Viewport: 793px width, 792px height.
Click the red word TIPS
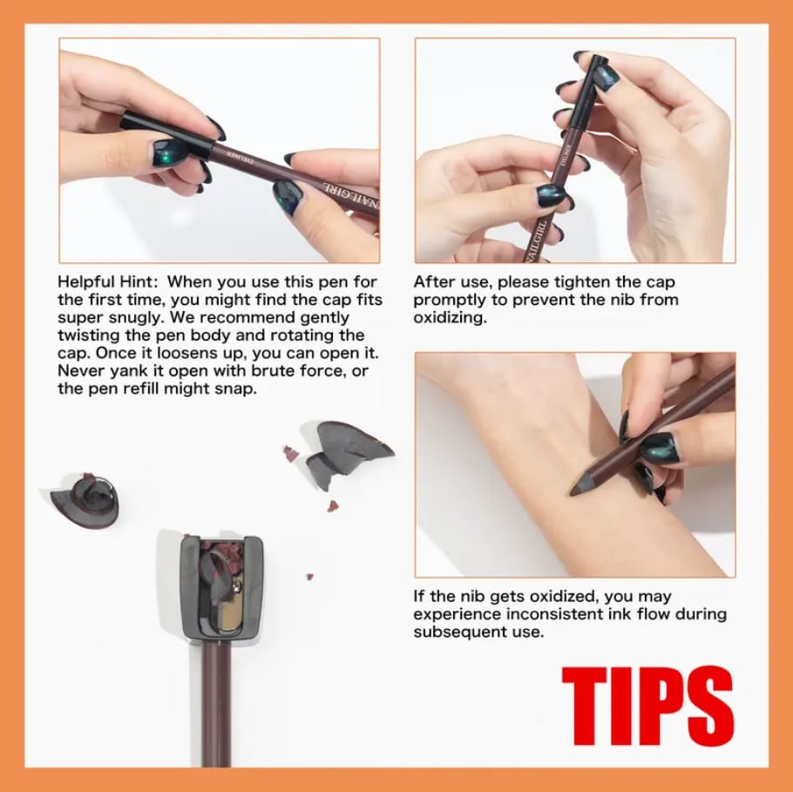coord(647,707)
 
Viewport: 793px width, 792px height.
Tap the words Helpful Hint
coord(108,282)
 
